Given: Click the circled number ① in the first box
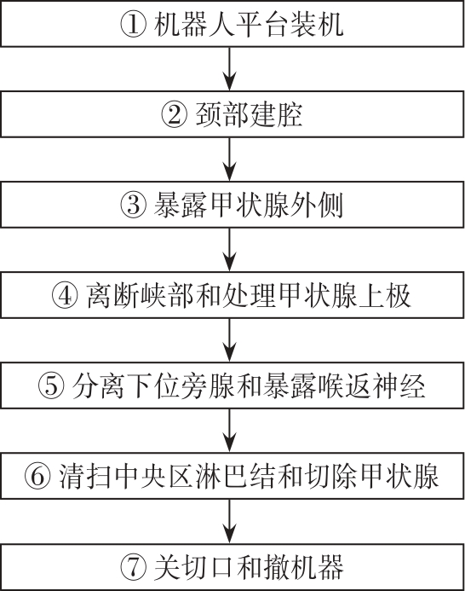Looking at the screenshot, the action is click(x=133, y=24).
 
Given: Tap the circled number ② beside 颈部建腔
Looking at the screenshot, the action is click(x=175, y=114).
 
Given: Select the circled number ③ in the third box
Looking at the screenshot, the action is click(x=133, y=205).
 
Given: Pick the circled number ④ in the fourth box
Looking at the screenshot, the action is click(x=65, y=295).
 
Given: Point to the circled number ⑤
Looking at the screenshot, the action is click(x=51, y=386).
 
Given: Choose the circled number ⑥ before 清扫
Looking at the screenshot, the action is click(x=37, y=477).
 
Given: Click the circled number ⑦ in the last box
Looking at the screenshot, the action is click(x=133, y=567).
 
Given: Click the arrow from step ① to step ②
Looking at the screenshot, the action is click(x=230, y=68).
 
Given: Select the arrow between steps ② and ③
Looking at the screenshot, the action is click(x=230, y=159).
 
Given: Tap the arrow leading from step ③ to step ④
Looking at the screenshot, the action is click(x=230, y=250).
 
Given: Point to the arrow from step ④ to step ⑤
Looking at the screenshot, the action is click(x=230, y=340).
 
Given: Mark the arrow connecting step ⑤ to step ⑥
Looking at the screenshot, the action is click(x=230, y=431).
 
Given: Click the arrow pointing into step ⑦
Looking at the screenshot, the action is click(x=230, y=521).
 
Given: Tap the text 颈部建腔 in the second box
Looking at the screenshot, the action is click(x=249, y=114).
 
